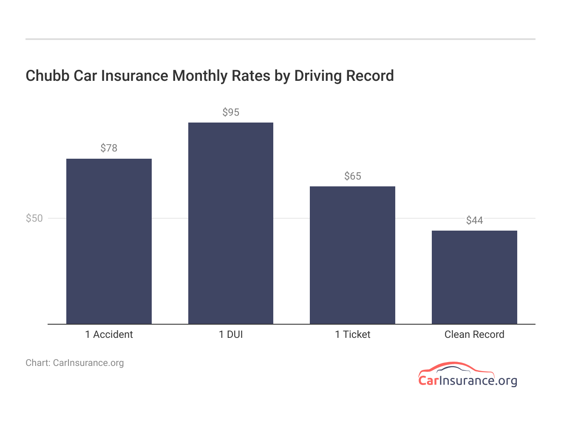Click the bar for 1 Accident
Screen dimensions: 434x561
[109, 241]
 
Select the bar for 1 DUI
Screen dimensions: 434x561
[231, 223]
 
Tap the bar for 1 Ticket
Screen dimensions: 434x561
[352, 255]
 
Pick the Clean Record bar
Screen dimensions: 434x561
[474, 277]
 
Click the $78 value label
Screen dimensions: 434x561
[109, 148]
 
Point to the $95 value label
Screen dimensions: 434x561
[231, 112]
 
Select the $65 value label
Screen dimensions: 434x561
[352, 176]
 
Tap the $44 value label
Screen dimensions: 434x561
[474, 220]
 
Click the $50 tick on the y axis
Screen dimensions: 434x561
[34, 218]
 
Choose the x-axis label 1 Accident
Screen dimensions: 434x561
[109, 334]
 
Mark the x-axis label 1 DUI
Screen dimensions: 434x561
[231, 334]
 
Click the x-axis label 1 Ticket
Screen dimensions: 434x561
[352, 334]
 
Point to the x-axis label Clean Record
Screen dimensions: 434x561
[474, 334]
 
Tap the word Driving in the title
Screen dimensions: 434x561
[318, 76]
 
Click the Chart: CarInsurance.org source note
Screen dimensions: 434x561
[75, 363]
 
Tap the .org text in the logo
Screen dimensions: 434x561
[506, 380]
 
